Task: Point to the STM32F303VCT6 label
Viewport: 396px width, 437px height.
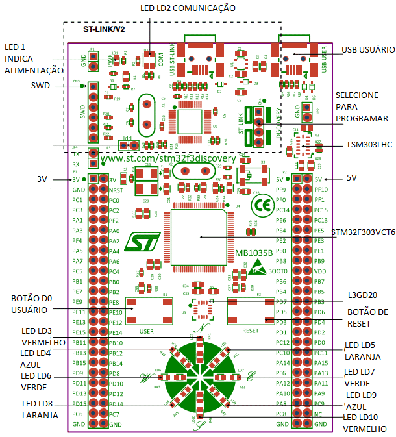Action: (x=363, y=232)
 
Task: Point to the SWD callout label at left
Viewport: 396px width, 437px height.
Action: (x=40, y=85)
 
